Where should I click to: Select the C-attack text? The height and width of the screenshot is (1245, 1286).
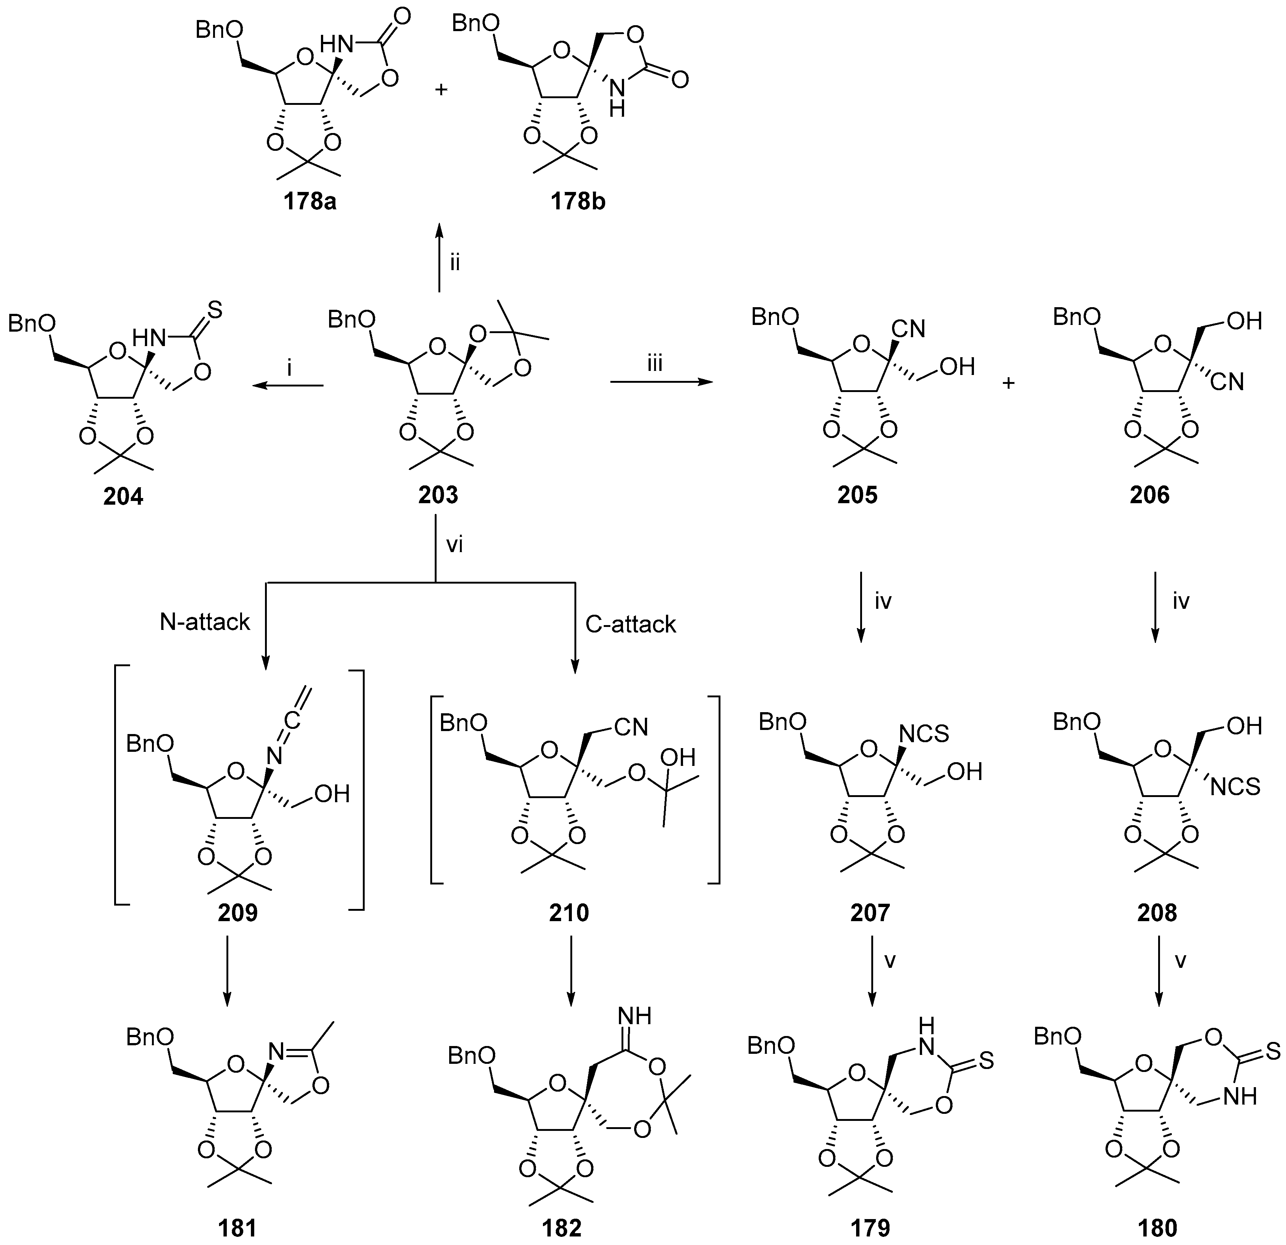630,624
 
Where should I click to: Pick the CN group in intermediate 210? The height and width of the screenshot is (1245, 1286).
631,726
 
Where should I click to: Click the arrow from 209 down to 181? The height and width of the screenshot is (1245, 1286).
226,969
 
